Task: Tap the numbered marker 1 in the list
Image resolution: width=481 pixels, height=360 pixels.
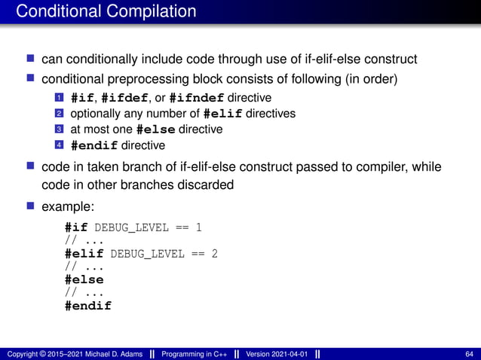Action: coord(58,99)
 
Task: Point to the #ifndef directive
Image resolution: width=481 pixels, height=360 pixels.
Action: coord(198,98)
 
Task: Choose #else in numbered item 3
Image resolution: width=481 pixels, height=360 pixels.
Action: coord(157,130)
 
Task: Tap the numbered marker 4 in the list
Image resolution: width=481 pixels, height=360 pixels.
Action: coord(58,145)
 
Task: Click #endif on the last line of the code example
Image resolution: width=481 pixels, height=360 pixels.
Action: coord(87,306)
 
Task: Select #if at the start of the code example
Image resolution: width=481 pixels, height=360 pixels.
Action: coord(76,227)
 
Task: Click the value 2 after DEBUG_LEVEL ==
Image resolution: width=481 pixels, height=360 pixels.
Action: coord(215,253)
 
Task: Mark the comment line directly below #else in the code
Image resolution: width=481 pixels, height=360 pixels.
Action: coord(84,292)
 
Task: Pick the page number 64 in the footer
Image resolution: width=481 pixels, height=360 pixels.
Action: coord(470,353)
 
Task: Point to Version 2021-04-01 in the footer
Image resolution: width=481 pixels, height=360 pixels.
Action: coord(277,353)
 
